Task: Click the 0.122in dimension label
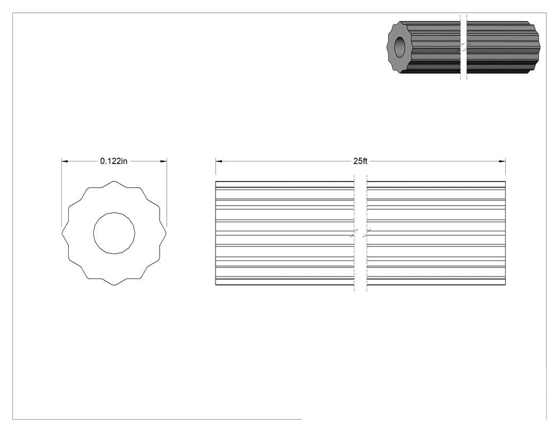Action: click(114, 161)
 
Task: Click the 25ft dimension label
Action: click(360, 161)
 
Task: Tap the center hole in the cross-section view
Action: click(114, 233)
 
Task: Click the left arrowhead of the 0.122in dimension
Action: click(64, 161)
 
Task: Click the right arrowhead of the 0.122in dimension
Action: click(163, 161)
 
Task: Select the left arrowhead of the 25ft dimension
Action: click(218, 161)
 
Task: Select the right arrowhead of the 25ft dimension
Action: click(503, 161)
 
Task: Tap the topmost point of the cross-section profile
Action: click(114, 181)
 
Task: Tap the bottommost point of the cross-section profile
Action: click(114, 285)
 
